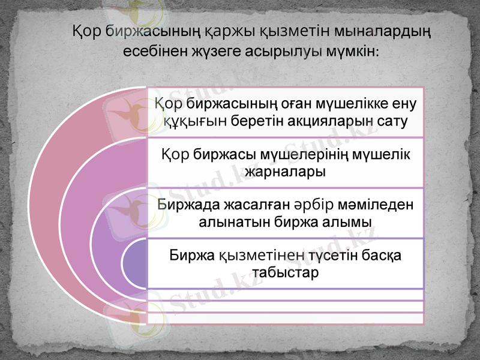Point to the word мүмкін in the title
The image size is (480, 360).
[x=352, y=51]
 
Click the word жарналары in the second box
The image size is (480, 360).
[x=286, y=173]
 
